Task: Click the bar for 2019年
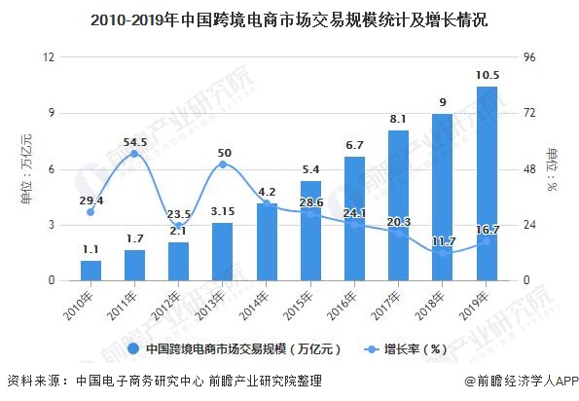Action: click(487, 184)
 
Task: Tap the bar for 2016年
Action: click(354, 218)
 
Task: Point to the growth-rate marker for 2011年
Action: click(134, 154)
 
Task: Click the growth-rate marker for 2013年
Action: click(223, 164)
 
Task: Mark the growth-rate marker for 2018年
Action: click(443, 253)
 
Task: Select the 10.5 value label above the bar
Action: click(487, 75)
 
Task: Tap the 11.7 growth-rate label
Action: click(443, 241)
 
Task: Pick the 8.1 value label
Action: click(398, 119)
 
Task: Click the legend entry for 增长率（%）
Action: click(410, 348)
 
